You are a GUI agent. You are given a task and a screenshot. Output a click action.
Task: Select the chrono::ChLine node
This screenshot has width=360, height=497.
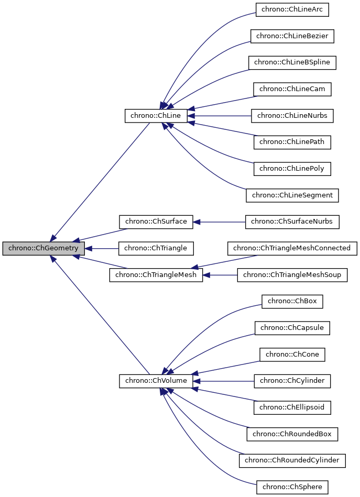tap(156, 116)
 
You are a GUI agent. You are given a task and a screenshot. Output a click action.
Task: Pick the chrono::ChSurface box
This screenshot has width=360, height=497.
tap(156, 222)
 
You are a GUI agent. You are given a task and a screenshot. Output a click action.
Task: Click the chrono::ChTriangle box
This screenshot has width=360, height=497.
tap(156, 248)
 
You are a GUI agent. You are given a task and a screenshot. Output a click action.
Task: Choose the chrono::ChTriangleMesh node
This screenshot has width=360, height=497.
tap(156, 275)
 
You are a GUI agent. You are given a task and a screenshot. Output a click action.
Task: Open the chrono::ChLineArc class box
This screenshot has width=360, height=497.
tap(292, 9)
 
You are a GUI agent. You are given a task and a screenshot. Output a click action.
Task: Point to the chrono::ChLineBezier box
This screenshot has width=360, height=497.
tap(292, 36)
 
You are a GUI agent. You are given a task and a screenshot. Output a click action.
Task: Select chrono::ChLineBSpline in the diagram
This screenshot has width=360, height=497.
tap(292, 62)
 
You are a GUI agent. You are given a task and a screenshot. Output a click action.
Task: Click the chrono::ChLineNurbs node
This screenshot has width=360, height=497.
tap(292, 116)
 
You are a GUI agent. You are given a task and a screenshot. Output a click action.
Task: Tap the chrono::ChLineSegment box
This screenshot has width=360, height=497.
tap(292, 195)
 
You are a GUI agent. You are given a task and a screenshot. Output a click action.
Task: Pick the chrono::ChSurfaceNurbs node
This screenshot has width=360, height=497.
tap(292, 222)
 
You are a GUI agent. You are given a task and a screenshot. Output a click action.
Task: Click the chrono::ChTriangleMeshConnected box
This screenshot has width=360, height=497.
tap(292, 248)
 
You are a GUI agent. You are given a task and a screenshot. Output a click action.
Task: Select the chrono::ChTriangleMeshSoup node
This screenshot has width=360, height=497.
tap(292, 275)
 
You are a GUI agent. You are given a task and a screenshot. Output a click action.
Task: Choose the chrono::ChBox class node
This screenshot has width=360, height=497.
tap(292, 301)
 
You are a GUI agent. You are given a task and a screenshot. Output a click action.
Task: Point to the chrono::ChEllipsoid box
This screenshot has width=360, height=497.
tap(292, 407)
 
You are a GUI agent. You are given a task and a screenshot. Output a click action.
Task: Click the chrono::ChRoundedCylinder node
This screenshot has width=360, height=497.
tap(292, 460)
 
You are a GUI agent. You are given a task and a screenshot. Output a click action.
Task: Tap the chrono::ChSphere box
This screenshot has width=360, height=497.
tap(292, 487)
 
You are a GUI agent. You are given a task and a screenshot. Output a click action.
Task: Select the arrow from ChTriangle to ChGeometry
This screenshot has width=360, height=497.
tap(102, 248)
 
